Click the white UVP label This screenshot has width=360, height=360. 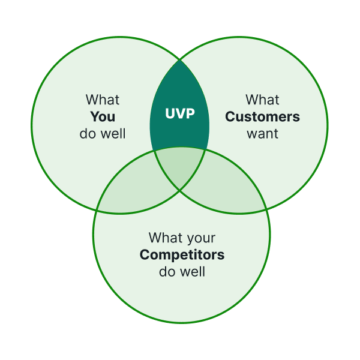click(x=180, y=113)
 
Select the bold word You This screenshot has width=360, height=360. click(x=103, y=116)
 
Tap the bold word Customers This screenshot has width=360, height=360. click(x=262, y=116)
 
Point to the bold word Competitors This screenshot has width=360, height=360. click(x=182, y=254)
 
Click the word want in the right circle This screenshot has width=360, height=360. click(x=262, y=134)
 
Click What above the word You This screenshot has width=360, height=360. click(x=103, y=100)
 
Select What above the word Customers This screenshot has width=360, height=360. click(x=262, y=100)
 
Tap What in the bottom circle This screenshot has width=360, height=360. click(x=166, y=238)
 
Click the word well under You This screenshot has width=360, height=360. click(x=113, y=133)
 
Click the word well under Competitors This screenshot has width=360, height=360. click(x=193, y=271)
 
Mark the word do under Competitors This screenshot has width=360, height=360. click(x=166, y=271)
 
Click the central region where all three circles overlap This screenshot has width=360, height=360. click(x=179, y=166)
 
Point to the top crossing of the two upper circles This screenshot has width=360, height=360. click(x=180, y=60)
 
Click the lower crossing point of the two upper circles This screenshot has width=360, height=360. click(x=180, y=190)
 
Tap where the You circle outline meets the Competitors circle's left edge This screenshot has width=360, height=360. click(x=96, y=210)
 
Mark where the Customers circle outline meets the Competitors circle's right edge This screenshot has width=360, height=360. click(x=266, y=209)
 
